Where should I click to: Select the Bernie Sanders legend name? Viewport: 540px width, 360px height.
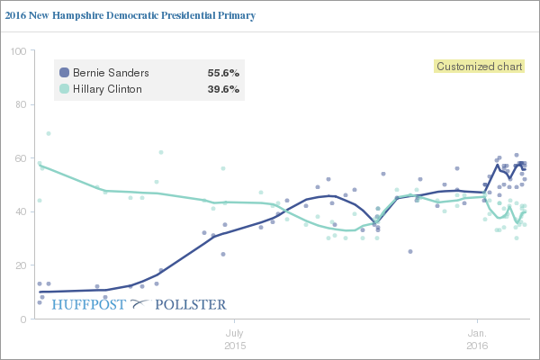point(110,72)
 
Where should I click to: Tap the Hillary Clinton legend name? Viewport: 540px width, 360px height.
point(111,89)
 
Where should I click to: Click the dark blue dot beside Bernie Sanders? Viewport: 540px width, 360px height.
point(64,72)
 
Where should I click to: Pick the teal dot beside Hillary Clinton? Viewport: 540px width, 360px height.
point(64,89)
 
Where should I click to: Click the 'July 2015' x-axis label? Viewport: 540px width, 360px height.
point(234,339)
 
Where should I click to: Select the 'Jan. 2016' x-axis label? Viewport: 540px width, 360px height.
point(477,339)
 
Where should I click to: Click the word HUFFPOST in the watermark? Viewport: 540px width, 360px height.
point(90,305)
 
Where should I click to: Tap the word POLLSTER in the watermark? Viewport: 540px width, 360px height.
point(191,305)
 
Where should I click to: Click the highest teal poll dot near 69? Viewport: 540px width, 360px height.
point(49,133)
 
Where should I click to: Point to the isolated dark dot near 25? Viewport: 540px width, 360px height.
point(410,252)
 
